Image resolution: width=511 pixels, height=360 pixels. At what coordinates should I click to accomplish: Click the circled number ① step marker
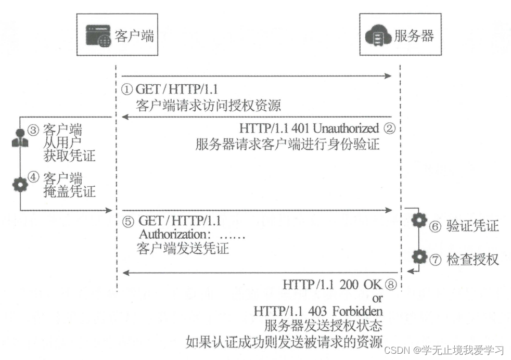tap(127, 89)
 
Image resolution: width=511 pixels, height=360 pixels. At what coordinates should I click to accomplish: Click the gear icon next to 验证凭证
tap(419, 222)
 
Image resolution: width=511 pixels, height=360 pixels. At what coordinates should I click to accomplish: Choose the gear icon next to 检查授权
tap(419, 256)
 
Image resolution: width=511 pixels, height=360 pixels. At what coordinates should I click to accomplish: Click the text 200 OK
tap(361, 285)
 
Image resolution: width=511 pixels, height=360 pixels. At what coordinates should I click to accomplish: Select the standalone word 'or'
tap(378, 298)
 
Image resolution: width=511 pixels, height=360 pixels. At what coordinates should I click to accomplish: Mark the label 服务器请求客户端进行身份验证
tap(288, 144)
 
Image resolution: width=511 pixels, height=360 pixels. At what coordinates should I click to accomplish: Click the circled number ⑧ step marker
tap(391, 285)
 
